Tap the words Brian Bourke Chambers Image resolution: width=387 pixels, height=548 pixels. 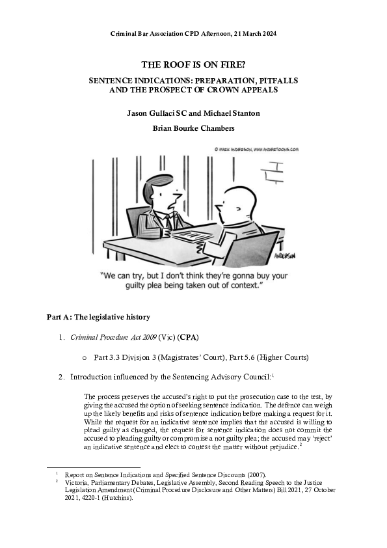(193, 128)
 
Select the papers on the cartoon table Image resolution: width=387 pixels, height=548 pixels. (194, 232)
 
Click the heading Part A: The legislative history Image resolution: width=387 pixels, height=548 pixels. (98, 317)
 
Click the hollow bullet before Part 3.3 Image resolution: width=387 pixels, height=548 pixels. (85, 357)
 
